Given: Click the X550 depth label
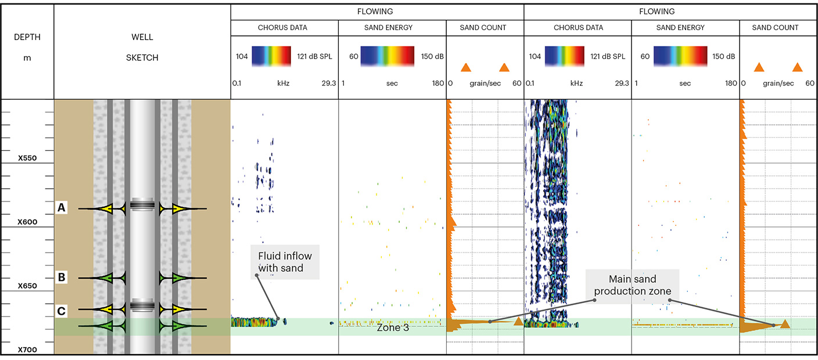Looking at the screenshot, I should pyautogui.click(x=27, y=158).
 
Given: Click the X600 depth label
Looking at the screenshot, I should pyautogui.click(x=27, y=222).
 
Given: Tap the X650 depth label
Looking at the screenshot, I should pyautogui.click(x=27, y=286).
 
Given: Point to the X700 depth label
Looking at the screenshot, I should pyautogui.click(x=27, y=350).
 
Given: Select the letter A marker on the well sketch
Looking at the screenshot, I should pyautogui.click(x=62, y=207).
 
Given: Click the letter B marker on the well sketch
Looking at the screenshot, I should pyautogui.click(x=62, y=278).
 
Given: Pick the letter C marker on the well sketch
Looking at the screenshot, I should pyautogui.click(x=62, y=311).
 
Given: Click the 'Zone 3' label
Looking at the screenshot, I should pyautogui.click(x=393, y=327).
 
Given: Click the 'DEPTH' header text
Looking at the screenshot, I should pyautogui.click(x=27, y=38).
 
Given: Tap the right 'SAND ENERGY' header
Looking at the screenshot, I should pyautogui.click(x=685, y=27).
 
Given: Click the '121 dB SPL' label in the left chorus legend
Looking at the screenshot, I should pyautogui.click(x=316, y=56).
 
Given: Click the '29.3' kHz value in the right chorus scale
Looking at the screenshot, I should pyautogui.click(x=622, y=84).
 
